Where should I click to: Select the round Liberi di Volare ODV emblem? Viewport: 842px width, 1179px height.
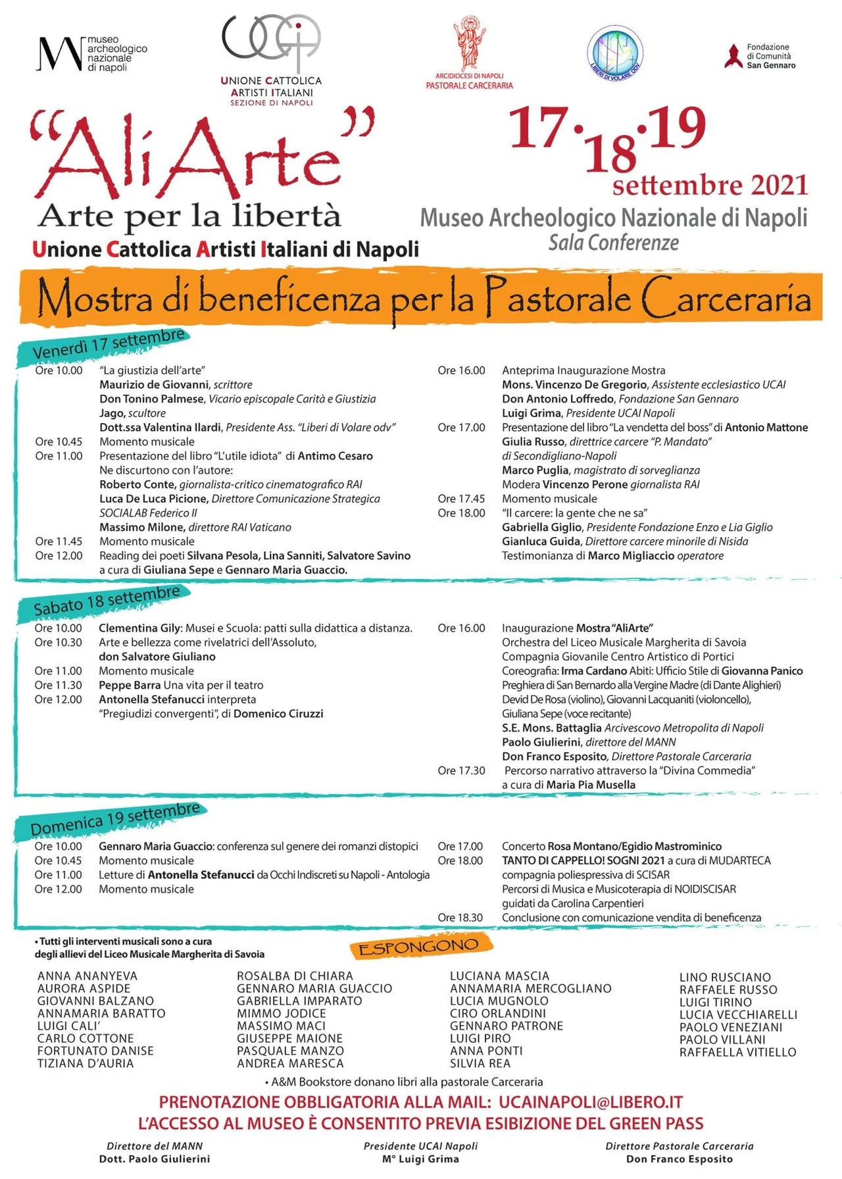tap(614, 53)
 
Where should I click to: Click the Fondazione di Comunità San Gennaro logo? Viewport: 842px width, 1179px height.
tap(761, 57)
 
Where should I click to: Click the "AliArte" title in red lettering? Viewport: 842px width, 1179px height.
tap(197, 155)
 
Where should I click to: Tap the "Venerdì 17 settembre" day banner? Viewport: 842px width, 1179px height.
tap(109, 344)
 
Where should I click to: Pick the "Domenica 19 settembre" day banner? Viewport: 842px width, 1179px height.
tap(115, 818)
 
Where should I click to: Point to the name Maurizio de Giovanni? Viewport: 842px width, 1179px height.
tap(154, 385)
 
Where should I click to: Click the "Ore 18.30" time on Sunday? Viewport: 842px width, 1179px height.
tap(460, 918)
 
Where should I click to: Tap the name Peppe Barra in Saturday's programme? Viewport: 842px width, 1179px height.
tap(130, 686)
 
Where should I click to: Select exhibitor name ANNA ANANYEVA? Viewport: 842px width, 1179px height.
tap(87, 976)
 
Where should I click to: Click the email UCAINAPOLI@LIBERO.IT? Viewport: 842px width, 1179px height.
tap(590, 1103)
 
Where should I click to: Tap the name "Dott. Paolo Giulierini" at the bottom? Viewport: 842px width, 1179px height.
tap(155, 1159)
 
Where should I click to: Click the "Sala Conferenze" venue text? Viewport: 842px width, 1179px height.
tap(614, 243)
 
